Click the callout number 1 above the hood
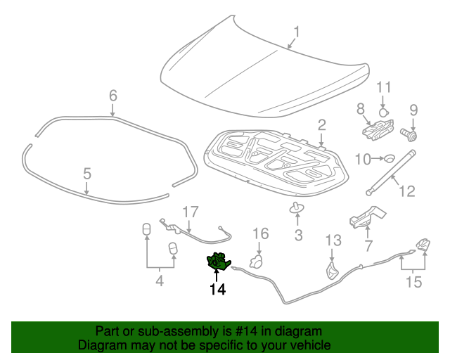297,32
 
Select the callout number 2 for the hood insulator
321,125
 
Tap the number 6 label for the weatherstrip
112,96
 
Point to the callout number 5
86,173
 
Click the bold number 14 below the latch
217,289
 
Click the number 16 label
260,233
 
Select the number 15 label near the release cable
413,283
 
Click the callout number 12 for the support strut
408,191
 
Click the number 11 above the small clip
382,87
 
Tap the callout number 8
360,109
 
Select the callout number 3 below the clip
298,236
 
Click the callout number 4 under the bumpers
160,282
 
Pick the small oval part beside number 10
389,157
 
